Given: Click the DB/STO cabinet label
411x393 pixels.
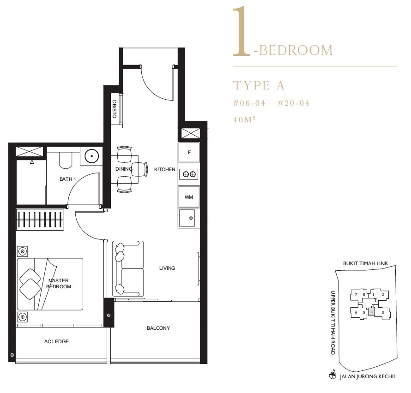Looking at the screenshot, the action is [114, 109].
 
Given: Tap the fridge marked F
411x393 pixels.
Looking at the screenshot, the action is [189, 152].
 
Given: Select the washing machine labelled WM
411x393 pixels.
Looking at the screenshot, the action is [189, 197].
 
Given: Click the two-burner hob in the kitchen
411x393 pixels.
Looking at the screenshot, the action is [189, 174].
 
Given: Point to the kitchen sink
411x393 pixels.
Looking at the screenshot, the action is [187, 218].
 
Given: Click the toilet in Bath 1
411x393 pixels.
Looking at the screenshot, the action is [66, 160].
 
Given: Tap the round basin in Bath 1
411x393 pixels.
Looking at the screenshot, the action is [92, 156].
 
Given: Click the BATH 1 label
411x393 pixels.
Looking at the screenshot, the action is [67, 179].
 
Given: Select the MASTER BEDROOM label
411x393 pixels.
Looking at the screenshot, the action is [59, 284].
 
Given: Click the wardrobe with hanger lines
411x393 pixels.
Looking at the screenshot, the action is [40, 220].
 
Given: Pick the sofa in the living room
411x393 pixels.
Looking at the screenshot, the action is [128, 269].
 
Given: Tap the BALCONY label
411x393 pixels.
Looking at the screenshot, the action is [158, 328].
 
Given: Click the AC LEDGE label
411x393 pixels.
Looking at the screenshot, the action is [56, 341].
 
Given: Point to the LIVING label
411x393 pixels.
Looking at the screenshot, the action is [167, 268].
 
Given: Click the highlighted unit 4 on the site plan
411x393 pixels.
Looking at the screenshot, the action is [371, 312].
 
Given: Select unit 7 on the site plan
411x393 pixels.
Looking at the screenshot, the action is [356, 295].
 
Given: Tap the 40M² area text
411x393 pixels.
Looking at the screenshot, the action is [244, 119].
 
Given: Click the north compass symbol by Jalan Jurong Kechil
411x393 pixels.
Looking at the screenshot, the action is [332, 376].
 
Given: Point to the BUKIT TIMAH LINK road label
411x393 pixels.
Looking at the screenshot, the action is [365, 263].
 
